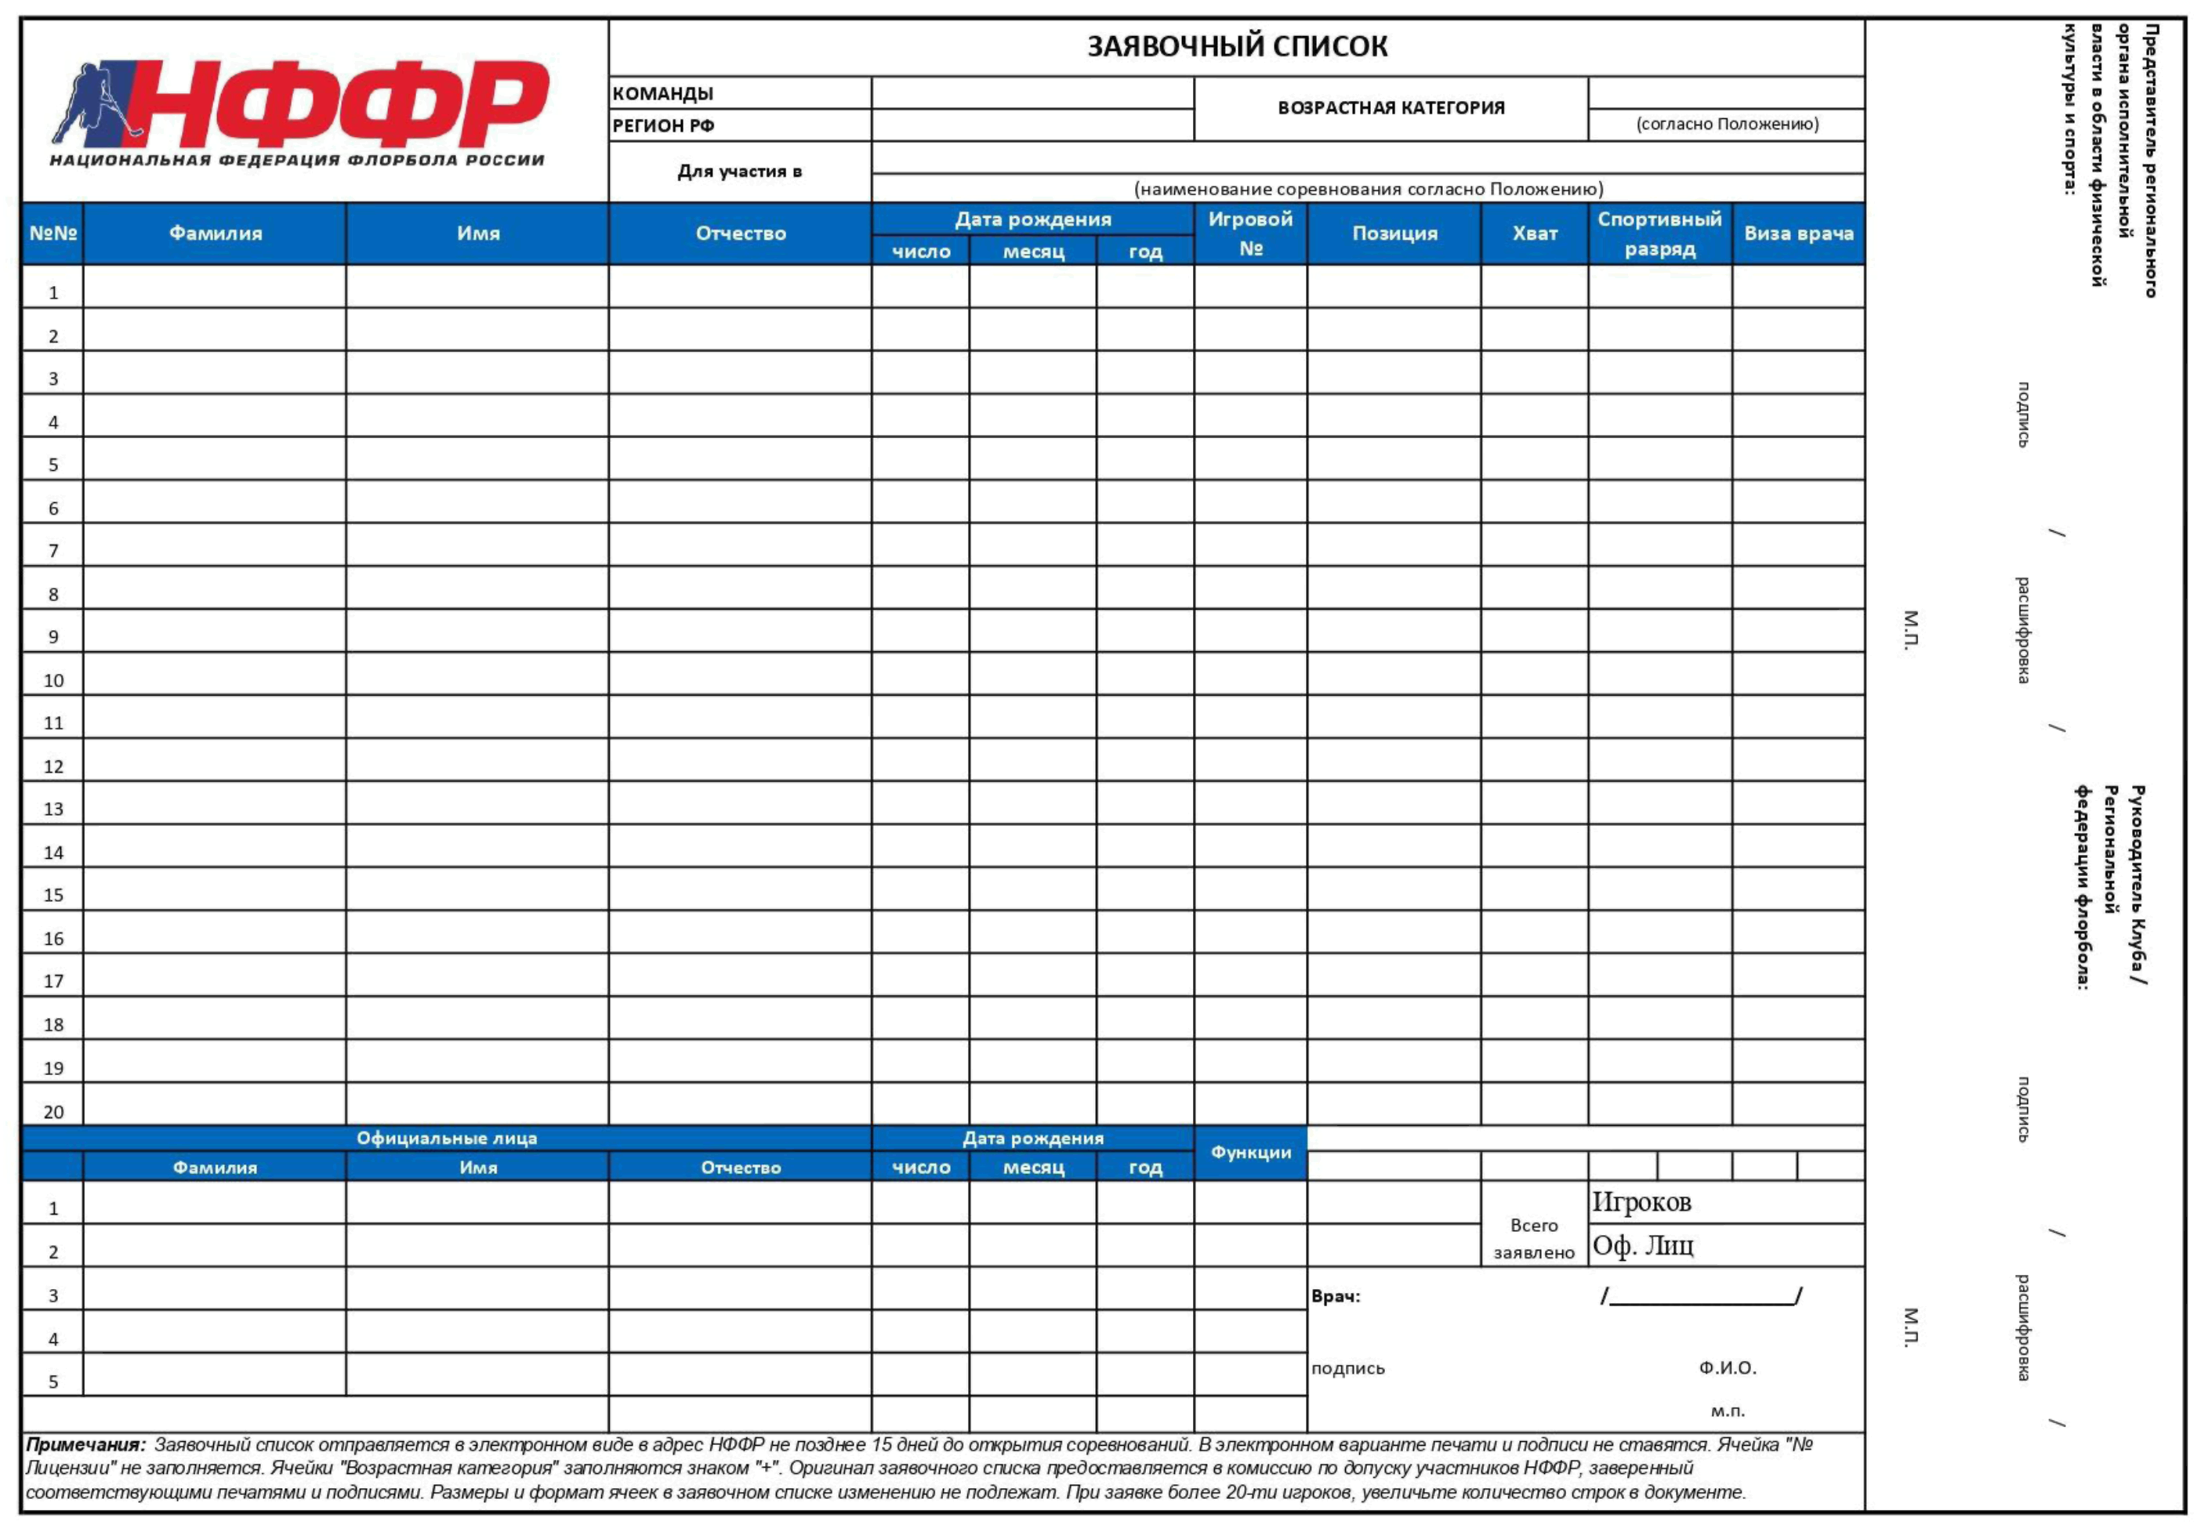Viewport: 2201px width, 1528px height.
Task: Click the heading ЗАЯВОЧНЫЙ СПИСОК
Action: click(1237, 47)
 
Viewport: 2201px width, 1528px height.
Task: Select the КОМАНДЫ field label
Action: click(663, 94)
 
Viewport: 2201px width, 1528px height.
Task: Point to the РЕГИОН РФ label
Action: click(664, 125)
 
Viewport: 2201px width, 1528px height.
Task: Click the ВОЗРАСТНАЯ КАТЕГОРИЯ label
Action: click(1391, 108)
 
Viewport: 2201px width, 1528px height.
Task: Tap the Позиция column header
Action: click(1394, 234)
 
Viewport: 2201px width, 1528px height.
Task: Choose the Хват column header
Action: click(1535, 234)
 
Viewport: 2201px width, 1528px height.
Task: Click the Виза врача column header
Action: click(1798, 234)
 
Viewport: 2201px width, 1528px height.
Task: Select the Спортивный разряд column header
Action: click(1659, 234)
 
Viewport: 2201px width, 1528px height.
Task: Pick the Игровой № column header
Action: click(1250, 234)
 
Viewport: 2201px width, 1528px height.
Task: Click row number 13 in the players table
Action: click(53, 809)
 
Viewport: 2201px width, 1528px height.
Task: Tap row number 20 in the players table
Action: click(53, 1112)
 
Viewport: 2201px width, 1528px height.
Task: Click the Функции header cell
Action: click(1250, 1152)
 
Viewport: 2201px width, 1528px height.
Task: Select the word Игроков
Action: click(1641, 1203)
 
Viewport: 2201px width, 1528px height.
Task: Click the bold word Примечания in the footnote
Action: click(85, 1445)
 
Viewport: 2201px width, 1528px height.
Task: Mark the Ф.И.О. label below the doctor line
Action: click(1727, 1368)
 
